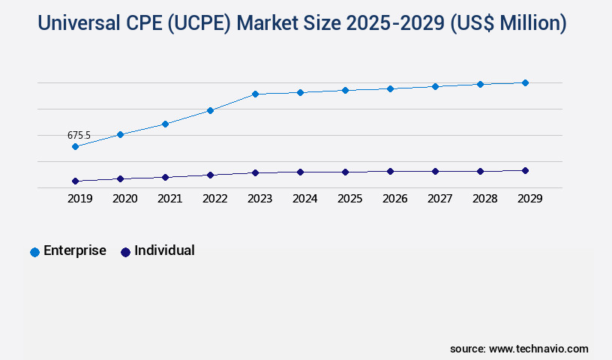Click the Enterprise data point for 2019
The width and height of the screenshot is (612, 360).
(x=75, y=146)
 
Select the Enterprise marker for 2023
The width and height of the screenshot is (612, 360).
(x=255, y=94)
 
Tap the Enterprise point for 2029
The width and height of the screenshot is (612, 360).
(x=525, y=82)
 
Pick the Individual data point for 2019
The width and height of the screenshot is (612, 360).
(x=75, y=181)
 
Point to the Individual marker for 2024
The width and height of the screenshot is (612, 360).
(x=300, y=172)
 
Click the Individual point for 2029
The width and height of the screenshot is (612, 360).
(x=525, y=170)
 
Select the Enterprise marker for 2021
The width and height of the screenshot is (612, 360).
(x=165, y=124)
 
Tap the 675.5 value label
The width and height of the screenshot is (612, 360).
(x=79, y=135)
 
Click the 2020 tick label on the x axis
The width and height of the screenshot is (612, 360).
(x=124, y=199)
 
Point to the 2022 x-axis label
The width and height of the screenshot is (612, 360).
(x=214, y=199)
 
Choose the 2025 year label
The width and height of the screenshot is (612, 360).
(x=349, y=199)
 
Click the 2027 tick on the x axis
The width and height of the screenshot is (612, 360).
(x=439, y=199)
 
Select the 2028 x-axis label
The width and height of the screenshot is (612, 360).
(x=484, y=199)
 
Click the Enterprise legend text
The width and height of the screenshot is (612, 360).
(x=74, y=250)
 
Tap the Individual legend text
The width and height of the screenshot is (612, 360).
(x=164, y=250)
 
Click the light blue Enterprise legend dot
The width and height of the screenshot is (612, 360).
(x=34, y=252)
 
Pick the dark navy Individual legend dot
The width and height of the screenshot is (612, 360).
(x=125, y=252)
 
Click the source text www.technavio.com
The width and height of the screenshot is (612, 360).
(x=538, y=349)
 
